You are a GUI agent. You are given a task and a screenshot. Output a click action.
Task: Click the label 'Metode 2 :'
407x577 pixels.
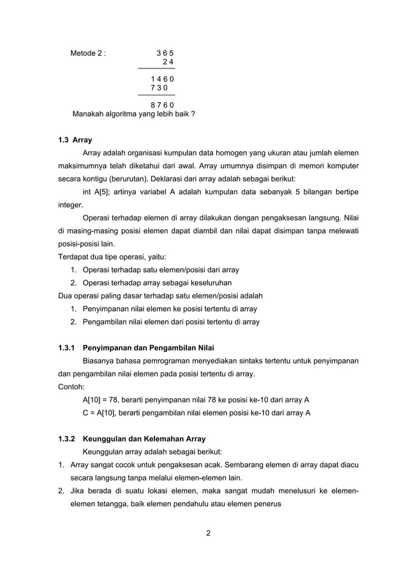pos(88,52)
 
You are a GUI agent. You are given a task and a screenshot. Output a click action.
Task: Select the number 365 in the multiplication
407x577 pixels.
pos(165,52)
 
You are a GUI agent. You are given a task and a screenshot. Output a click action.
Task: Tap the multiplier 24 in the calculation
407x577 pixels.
pos(168,61)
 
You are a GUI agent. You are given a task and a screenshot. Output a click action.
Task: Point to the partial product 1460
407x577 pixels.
pos(162,78)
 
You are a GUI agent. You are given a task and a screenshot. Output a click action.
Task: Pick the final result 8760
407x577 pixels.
pos(162,104)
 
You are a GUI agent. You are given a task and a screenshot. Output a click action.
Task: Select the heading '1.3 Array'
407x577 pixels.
pos(71,139)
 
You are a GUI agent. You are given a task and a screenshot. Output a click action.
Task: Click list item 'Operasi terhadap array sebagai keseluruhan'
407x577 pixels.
pos(157,282)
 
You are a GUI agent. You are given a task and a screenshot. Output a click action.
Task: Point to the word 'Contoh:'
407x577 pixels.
pos(66,387)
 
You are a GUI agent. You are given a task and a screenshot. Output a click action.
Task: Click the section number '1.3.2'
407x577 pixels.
pos(66,439)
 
